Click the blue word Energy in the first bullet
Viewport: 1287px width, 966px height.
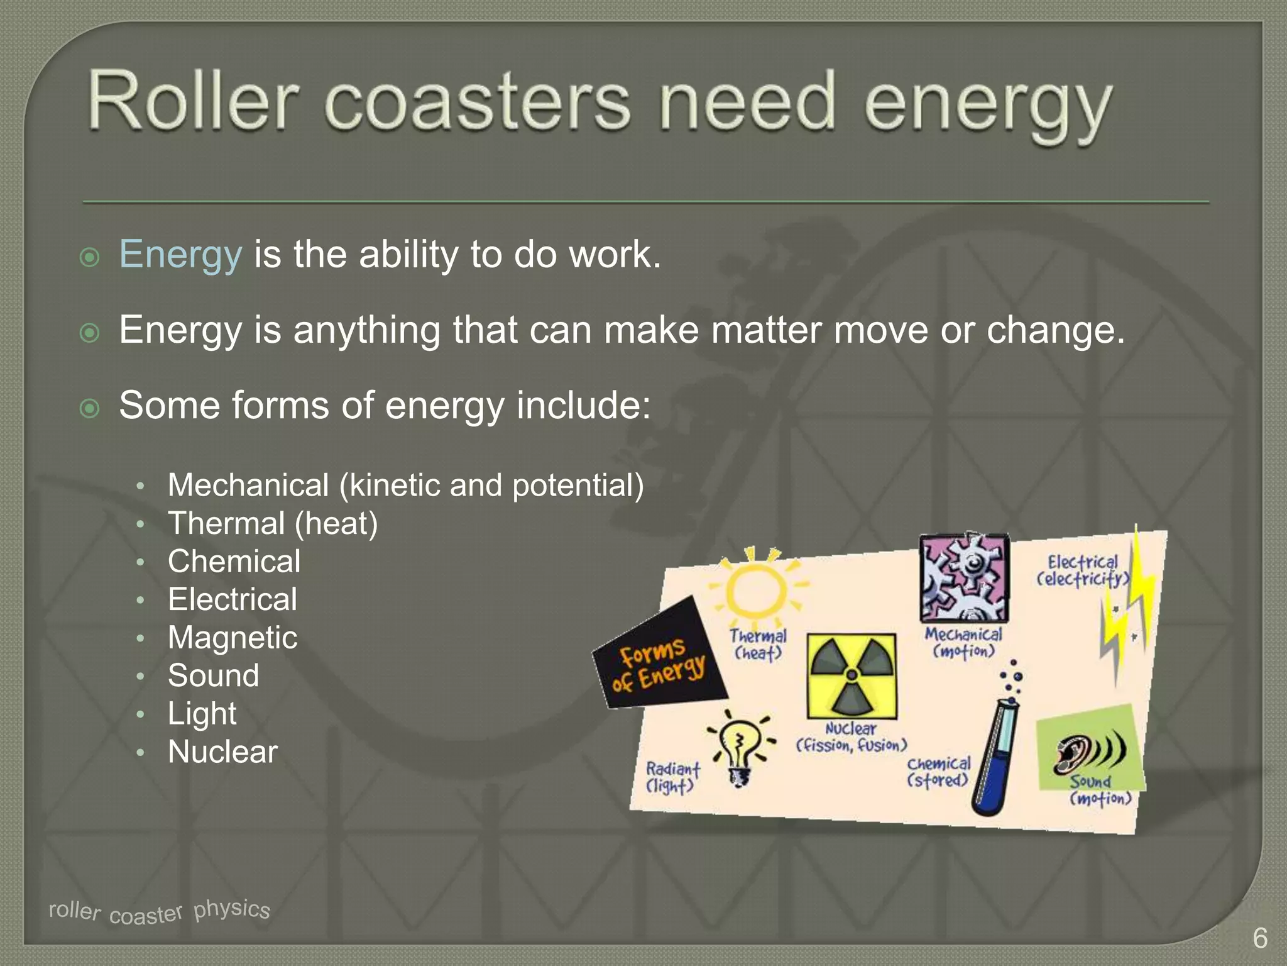point(180,255)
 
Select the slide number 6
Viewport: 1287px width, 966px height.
point(1259,938)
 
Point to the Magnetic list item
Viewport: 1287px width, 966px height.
point(233,638)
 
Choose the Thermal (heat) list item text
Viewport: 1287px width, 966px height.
point(273,523)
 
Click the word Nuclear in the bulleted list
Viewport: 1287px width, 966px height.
point(222,752)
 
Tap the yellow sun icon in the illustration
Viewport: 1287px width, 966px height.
point(756,587)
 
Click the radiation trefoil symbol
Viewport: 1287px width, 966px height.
point(852,675)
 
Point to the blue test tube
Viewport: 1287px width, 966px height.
point(995,755)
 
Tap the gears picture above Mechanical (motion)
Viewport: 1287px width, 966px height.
point(965,577)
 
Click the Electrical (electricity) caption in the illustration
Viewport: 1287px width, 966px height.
point(1082,570)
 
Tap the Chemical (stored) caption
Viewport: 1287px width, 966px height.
point(938,772)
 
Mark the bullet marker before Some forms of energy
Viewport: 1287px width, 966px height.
point(90,408)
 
